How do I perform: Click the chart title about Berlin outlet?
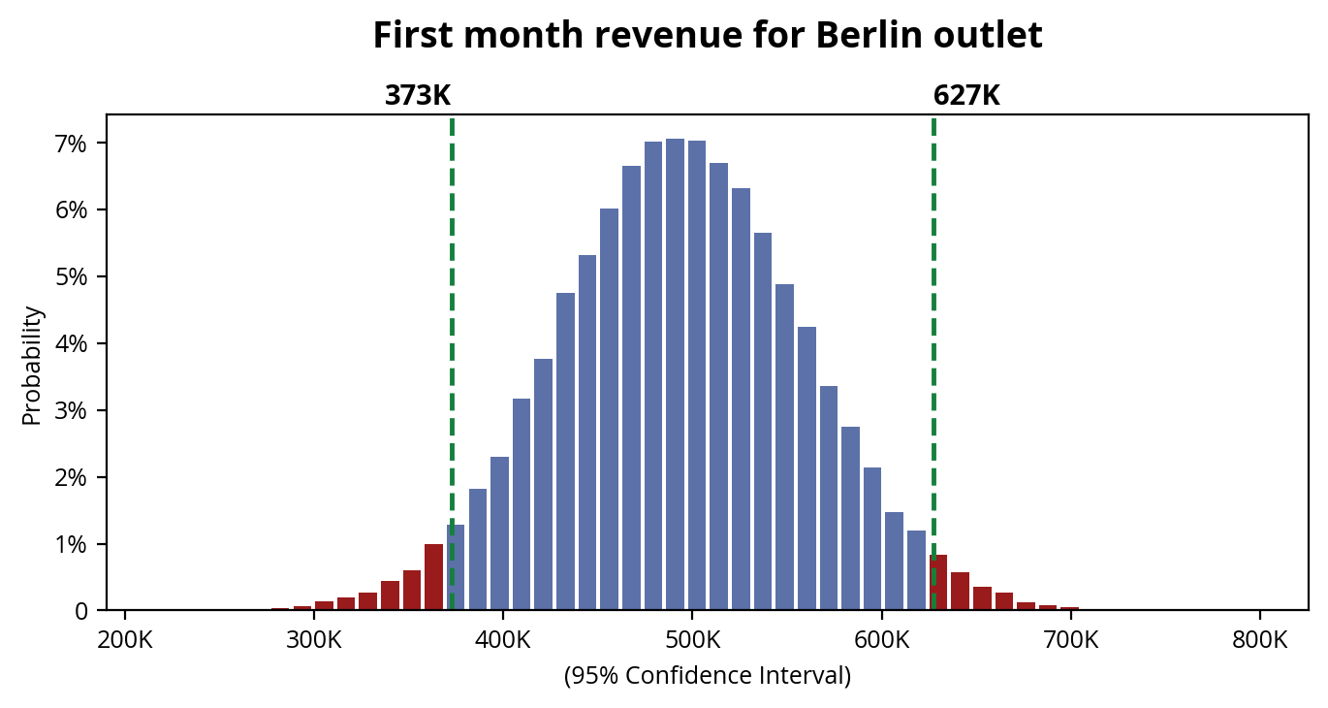[x=707, y=36]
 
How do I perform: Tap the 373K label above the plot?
[x=418, y=96]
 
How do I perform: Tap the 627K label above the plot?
[x=966, y=96]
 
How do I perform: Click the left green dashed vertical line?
[x=452, y=291]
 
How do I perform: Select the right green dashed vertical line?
[x=933, y=291]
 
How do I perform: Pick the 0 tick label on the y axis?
[x=82, y=611]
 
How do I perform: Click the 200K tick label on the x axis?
[x=125, y=641]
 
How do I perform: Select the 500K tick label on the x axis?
[x=692, y=641]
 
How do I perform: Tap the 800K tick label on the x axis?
[x=1260, y=641]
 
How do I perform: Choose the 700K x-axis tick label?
[x=1071, y=641]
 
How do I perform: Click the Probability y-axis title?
[x=32, y=366]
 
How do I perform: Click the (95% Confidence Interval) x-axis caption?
[x=707, y=676]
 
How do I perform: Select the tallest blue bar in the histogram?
[x=676, y=374]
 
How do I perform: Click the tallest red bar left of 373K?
[x=433, y=578]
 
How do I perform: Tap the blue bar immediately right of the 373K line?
[x=456, y=568]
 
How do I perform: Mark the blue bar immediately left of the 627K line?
[x=916, y=571]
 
